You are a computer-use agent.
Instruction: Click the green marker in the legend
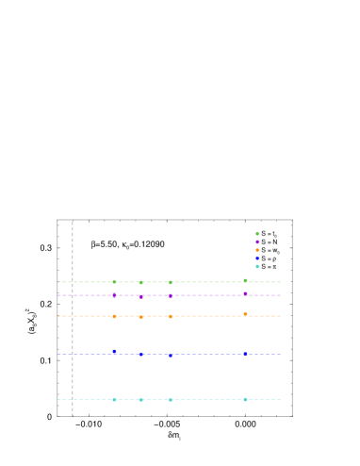point(257,233)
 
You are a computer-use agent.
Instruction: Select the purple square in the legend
point(257,241)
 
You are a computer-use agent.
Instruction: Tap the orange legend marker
point(257,250)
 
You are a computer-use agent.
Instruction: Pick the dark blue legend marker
point(257,258)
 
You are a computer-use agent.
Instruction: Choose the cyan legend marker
point(257,266)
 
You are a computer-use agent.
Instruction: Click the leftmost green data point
point(115,281)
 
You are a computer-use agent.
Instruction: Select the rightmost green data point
point(245,280)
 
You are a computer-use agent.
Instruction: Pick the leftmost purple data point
point(115,295)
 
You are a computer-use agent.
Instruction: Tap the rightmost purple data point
point(245,293)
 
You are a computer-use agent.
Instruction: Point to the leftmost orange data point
point(115,316)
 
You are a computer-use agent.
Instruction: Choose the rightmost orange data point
point(245,314)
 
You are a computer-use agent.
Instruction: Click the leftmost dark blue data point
point(115,351)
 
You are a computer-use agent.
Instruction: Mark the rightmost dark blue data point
point(245,354)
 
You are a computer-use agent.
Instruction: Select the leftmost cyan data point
point(115,399)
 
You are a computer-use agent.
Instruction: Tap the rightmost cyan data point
point(245,399)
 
